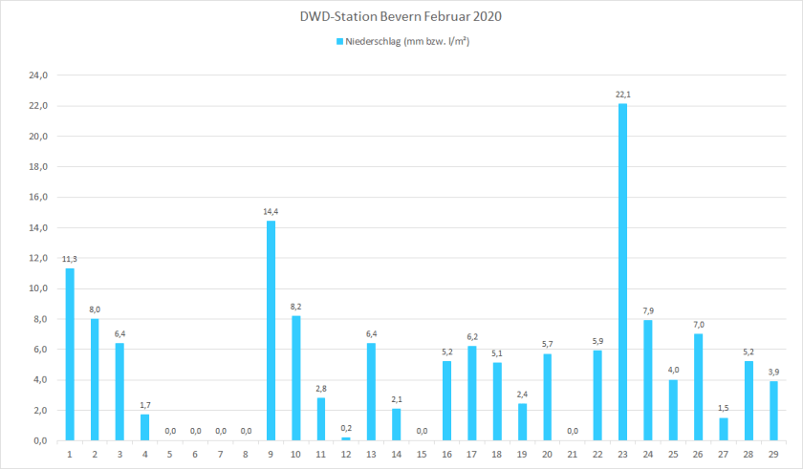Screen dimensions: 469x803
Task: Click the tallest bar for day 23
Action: point(623,272)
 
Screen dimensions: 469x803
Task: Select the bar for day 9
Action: point(271,330)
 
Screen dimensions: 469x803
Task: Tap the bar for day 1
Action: point(70,354)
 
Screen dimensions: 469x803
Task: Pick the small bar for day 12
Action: point(346,438)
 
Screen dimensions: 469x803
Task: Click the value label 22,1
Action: point(623,94)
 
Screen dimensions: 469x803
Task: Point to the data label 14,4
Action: point(271,211)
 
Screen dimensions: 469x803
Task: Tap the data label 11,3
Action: point(70,259)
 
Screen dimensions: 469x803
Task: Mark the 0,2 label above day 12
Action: point(346,428)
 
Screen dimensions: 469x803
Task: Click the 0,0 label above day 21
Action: point(573,431)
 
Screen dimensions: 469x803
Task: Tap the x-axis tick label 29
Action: point(773,455)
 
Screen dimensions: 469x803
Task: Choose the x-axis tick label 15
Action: point(422,455)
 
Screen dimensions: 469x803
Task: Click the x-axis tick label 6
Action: point(195,455)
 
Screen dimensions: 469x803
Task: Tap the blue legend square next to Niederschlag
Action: point(338,42)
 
